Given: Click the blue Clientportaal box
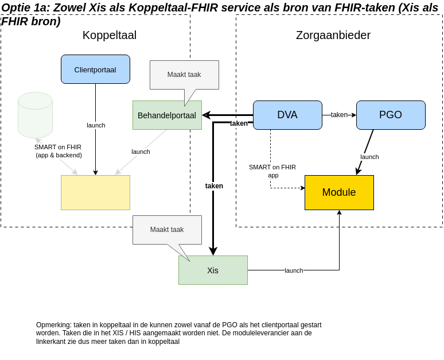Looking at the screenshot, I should (95, 69).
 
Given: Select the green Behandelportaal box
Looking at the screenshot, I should (167, 115).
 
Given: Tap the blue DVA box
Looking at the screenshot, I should (287, 115).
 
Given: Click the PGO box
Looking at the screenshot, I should (391, 115).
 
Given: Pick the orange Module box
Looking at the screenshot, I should (339, 192).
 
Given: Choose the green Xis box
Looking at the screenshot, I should (213, 270).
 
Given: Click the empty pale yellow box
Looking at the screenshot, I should (95, 192).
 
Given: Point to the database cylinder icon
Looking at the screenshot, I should (35, 115).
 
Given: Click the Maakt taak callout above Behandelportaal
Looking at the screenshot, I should (184, 75).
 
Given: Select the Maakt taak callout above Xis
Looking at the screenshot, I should (167, 230).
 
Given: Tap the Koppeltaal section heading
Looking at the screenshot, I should (110, 35).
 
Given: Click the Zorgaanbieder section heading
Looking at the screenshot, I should (333, 35).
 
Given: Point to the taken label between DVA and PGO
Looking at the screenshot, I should (339, 115).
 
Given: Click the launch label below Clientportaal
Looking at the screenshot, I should (96, 125).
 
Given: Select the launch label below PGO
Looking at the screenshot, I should (369, 157).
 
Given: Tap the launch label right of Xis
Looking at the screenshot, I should (294, 270).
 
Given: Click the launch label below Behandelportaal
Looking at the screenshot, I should (141, 152).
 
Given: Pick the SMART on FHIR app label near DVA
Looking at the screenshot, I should (272, 171).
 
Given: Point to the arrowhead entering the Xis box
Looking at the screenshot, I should (213, 251).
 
